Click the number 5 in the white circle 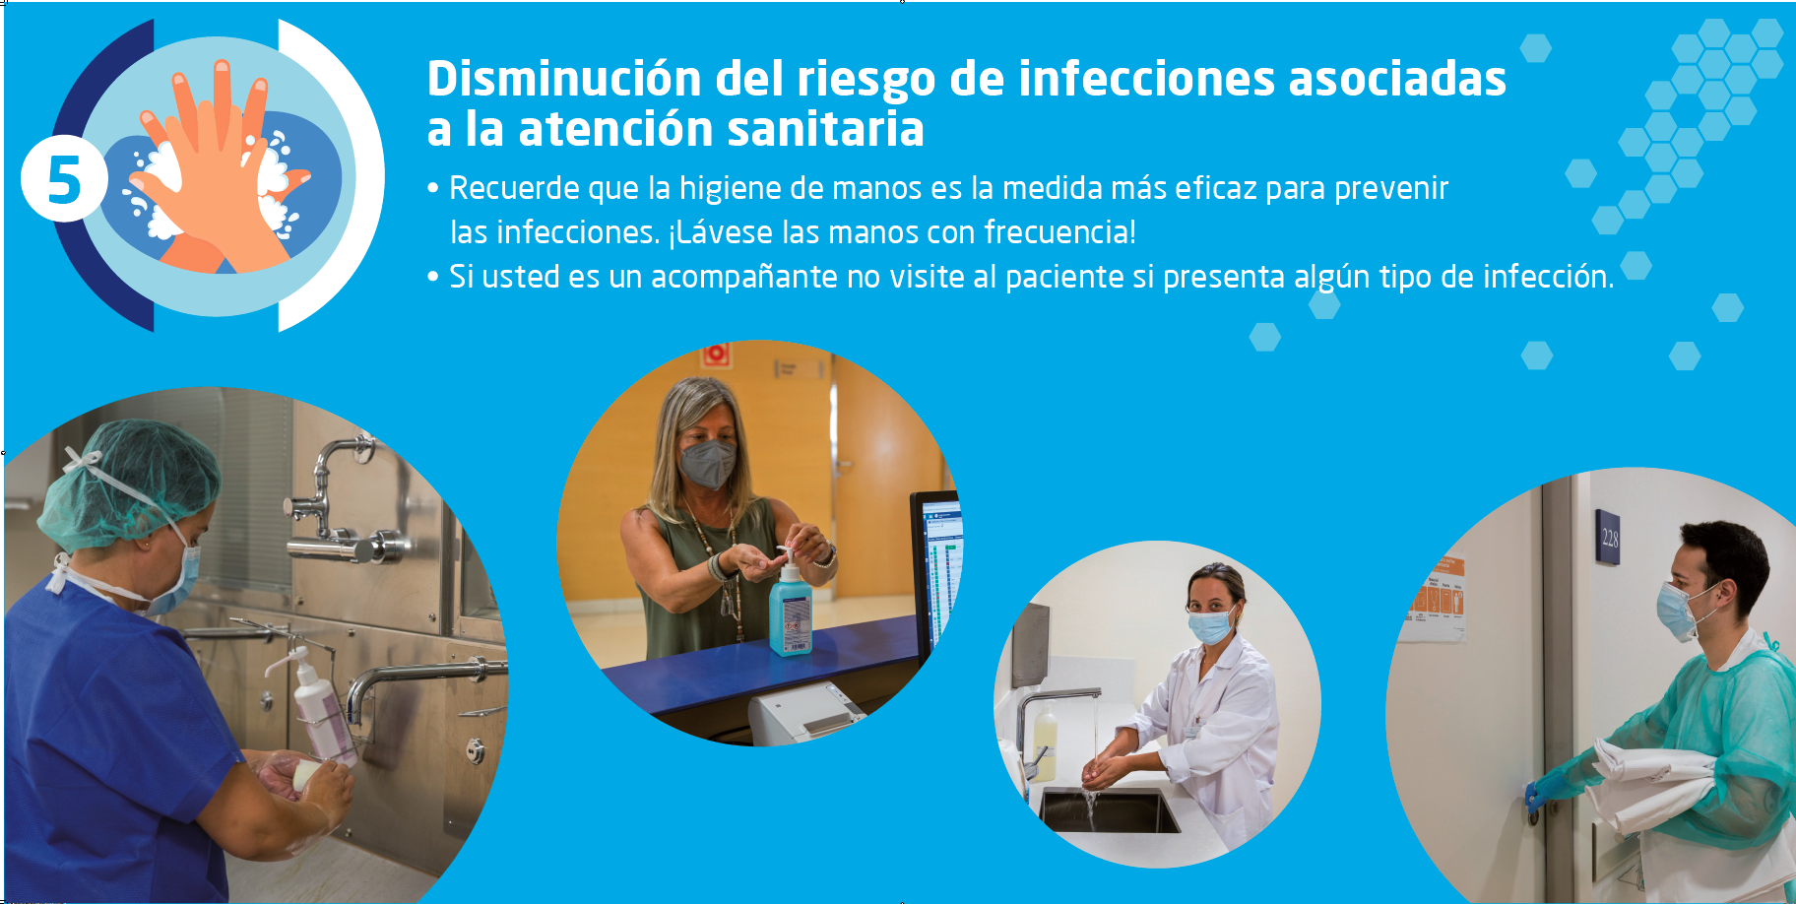pos(64,180)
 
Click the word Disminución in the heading pos(564,79)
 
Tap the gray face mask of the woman pos(707,463)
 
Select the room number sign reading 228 pos(1608,537)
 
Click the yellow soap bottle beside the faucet pos(1045,745)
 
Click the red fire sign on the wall pos(715,355)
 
